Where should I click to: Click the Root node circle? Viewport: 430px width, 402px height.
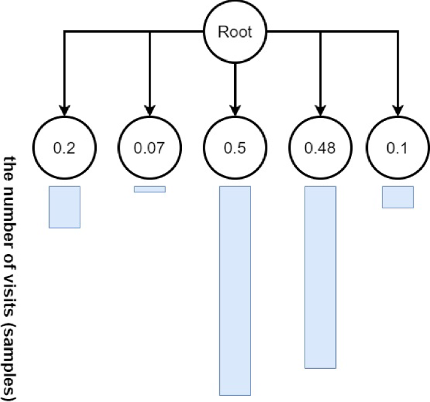pos(235,31)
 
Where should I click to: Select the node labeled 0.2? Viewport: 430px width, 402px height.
pos(64,149)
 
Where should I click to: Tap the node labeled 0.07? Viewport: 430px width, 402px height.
pos(149,149)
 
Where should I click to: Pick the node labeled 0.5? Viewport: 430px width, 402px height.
pos(235,149)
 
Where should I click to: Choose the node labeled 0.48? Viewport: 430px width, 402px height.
pos(320,149)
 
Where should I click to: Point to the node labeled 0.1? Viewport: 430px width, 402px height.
pos(397,149)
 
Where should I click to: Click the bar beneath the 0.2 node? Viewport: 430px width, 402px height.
pos(65,207)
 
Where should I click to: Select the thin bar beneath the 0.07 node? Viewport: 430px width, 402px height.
pos(149,189)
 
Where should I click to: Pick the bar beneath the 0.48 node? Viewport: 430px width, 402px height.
pos(320,277)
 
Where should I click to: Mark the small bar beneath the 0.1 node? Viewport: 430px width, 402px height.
pos(398,197)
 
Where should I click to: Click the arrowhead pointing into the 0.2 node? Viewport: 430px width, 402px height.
pos(64,108)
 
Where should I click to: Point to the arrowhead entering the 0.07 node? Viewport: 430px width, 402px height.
pos(149,108)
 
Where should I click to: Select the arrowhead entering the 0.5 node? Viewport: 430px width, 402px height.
pos(235,108)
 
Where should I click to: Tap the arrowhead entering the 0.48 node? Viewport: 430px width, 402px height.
pos(320,108)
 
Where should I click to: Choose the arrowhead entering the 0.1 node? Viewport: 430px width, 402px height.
pos(397,108)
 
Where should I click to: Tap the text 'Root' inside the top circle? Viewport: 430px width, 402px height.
pos(235,31)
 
